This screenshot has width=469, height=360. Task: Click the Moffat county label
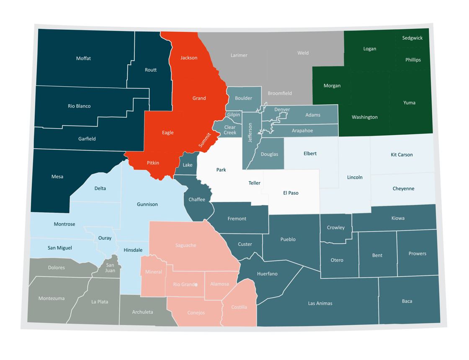[x=83, y=59]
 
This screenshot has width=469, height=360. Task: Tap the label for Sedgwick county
[x=412, y=38]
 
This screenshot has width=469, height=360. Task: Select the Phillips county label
[x=413, y=60]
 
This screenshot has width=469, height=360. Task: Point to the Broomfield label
[x=280, y=93]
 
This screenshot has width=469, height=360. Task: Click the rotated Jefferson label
[x=250, y=133]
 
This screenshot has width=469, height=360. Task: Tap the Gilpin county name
[x=233, y=115]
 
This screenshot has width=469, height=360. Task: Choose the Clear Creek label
[x=230, y=130]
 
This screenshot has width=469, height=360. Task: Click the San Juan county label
[x=110, y=268]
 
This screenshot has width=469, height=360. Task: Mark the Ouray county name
[x=105, y=238]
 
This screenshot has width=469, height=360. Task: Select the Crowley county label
[x=336, y=228]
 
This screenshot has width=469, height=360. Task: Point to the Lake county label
[x=188, y=165]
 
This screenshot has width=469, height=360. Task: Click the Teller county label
[x=254, y=183]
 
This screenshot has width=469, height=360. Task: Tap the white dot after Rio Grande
[x=196, y=285]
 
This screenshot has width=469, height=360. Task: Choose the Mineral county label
[x=153, y=272]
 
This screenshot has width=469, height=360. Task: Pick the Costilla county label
[x=239, y=307]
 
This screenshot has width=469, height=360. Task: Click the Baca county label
[x=407, y=301]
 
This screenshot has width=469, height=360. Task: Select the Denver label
[x=282, y=110]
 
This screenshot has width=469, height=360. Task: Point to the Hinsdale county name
[x=133, y=250]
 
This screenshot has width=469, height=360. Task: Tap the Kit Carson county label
[x=402, y=155]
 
